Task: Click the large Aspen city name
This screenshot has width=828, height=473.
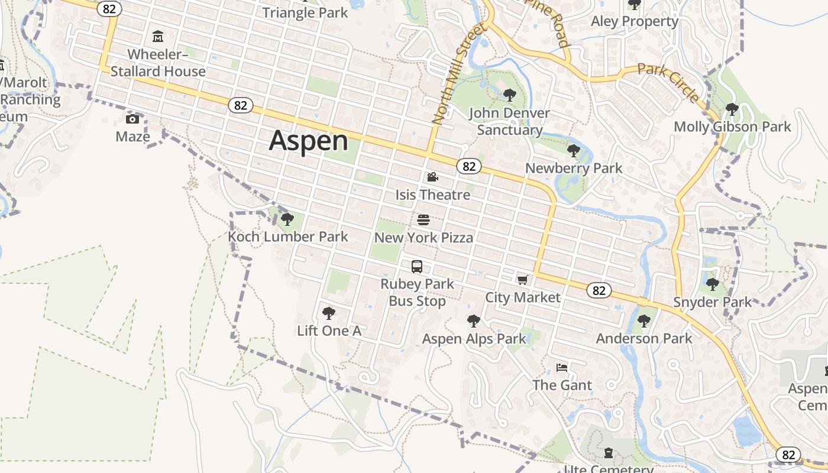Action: [x=309, y=141]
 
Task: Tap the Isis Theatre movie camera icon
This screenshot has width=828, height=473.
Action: [x=432, y=177]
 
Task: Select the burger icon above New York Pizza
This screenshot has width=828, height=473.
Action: [x=423, y=220]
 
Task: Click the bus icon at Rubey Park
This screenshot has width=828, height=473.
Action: [x=417, y=266]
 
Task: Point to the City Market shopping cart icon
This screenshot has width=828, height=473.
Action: [x=522, y=279]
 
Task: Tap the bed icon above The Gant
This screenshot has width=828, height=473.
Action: [x=562, y=368]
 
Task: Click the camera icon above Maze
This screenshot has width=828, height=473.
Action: [x=132, y=119]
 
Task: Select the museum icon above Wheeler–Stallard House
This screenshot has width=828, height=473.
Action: [x=158, y=37]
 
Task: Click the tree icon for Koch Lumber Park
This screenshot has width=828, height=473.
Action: [x=287, y=219]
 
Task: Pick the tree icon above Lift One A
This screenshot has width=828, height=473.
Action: [x=329, y=313]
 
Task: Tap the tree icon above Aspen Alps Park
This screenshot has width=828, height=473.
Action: [x=473, y=321]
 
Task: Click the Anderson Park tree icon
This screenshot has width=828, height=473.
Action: [x=643, y=321]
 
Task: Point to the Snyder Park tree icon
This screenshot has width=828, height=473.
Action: [x=713, y=284]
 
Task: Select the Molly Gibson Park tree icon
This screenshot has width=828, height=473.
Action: [x=732, y=109]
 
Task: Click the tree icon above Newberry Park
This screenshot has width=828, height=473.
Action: [x=573, y=151]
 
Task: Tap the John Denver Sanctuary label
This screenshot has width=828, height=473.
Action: [x=509, y=121]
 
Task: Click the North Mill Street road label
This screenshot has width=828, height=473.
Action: [x=458, y=73]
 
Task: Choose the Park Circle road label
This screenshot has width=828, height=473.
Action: [x=669, y=82]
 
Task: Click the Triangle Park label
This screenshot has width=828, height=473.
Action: [x=305, y=12]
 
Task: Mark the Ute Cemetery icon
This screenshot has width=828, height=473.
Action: [x=609, y=453]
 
